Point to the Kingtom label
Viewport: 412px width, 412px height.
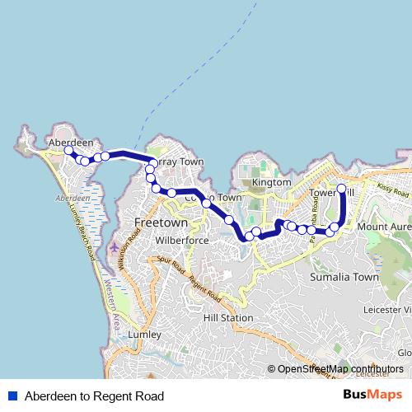(x=272, y=182)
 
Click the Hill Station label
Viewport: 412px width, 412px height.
(x=228, y=317)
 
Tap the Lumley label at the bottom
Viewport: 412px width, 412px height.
(x=145, y=335)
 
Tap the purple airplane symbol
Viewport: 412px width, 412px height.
(x=112, y=248)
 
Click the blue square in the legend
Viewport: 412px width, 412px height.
(x=12, y=396)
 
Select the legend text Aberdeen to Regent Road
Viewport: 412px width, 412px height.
(x=94, y=396)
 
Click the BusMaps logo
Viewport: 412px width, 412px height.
(x=372, y=395)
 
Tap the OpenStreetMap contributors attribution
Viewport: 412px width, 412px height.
(x=340, y=369)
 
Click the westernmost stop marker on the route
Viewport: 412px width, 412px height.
(x=68, y=151)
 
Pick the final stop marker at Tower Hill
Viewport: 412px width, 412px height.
(x=342, y=189)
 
